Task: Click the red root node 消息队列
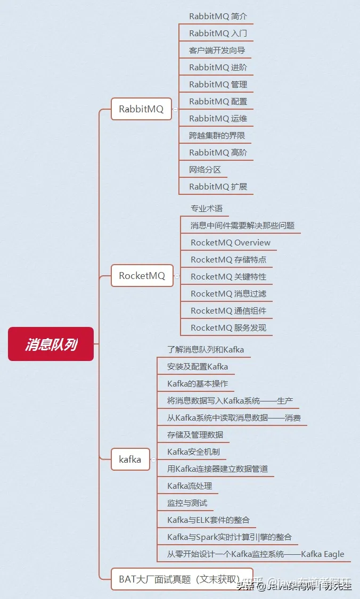pyautogui.click(x=51, y=344)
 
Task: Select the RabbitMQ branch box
pyautogui.click(x=141, y=109)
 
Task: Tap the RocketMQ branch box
pyautogui.click(x=142, y=276)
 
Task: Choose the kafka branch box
pyautogui.click(x=130, y=459)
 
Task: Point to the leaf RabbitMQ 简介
pyautogui.click(x=218, y=17)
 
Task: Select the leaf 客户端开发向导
pyautogui.click(x=217, y=51)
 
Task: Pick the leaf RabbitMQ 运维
pyautogui.click(x=218, y=118)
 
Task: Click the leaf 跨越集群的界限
pyautogui.click(x=217, y=135)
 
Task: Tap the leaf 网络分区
pyautogui.click(x=205, y=169)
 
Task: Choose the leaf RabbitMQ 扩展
pyautogui.click(x=218, y=186)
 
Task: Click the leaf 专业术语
pyautogui.click(x=207, y=208)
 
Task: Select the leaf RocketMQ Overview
pyautogui.click(x=231, y=242)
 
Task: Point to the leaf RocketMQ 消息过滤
pyautogui.click(x=228, y=293)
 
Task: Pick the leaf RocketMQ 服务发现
pyautogui.click(x=228, y=327)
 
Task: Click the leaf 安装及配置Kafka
pyautogui.click(x=198, y=366)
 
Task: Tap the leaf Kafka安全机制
pyautogui.click(x=193, y=452)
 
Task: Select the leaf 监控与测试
pyautogui.click(x=187, y=503)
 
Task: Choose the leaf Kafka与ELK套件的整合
pyautogui.click(x=208, y=520)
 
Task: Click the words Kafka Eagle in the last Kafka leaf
pyautogui.click(x=323, y=554)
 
